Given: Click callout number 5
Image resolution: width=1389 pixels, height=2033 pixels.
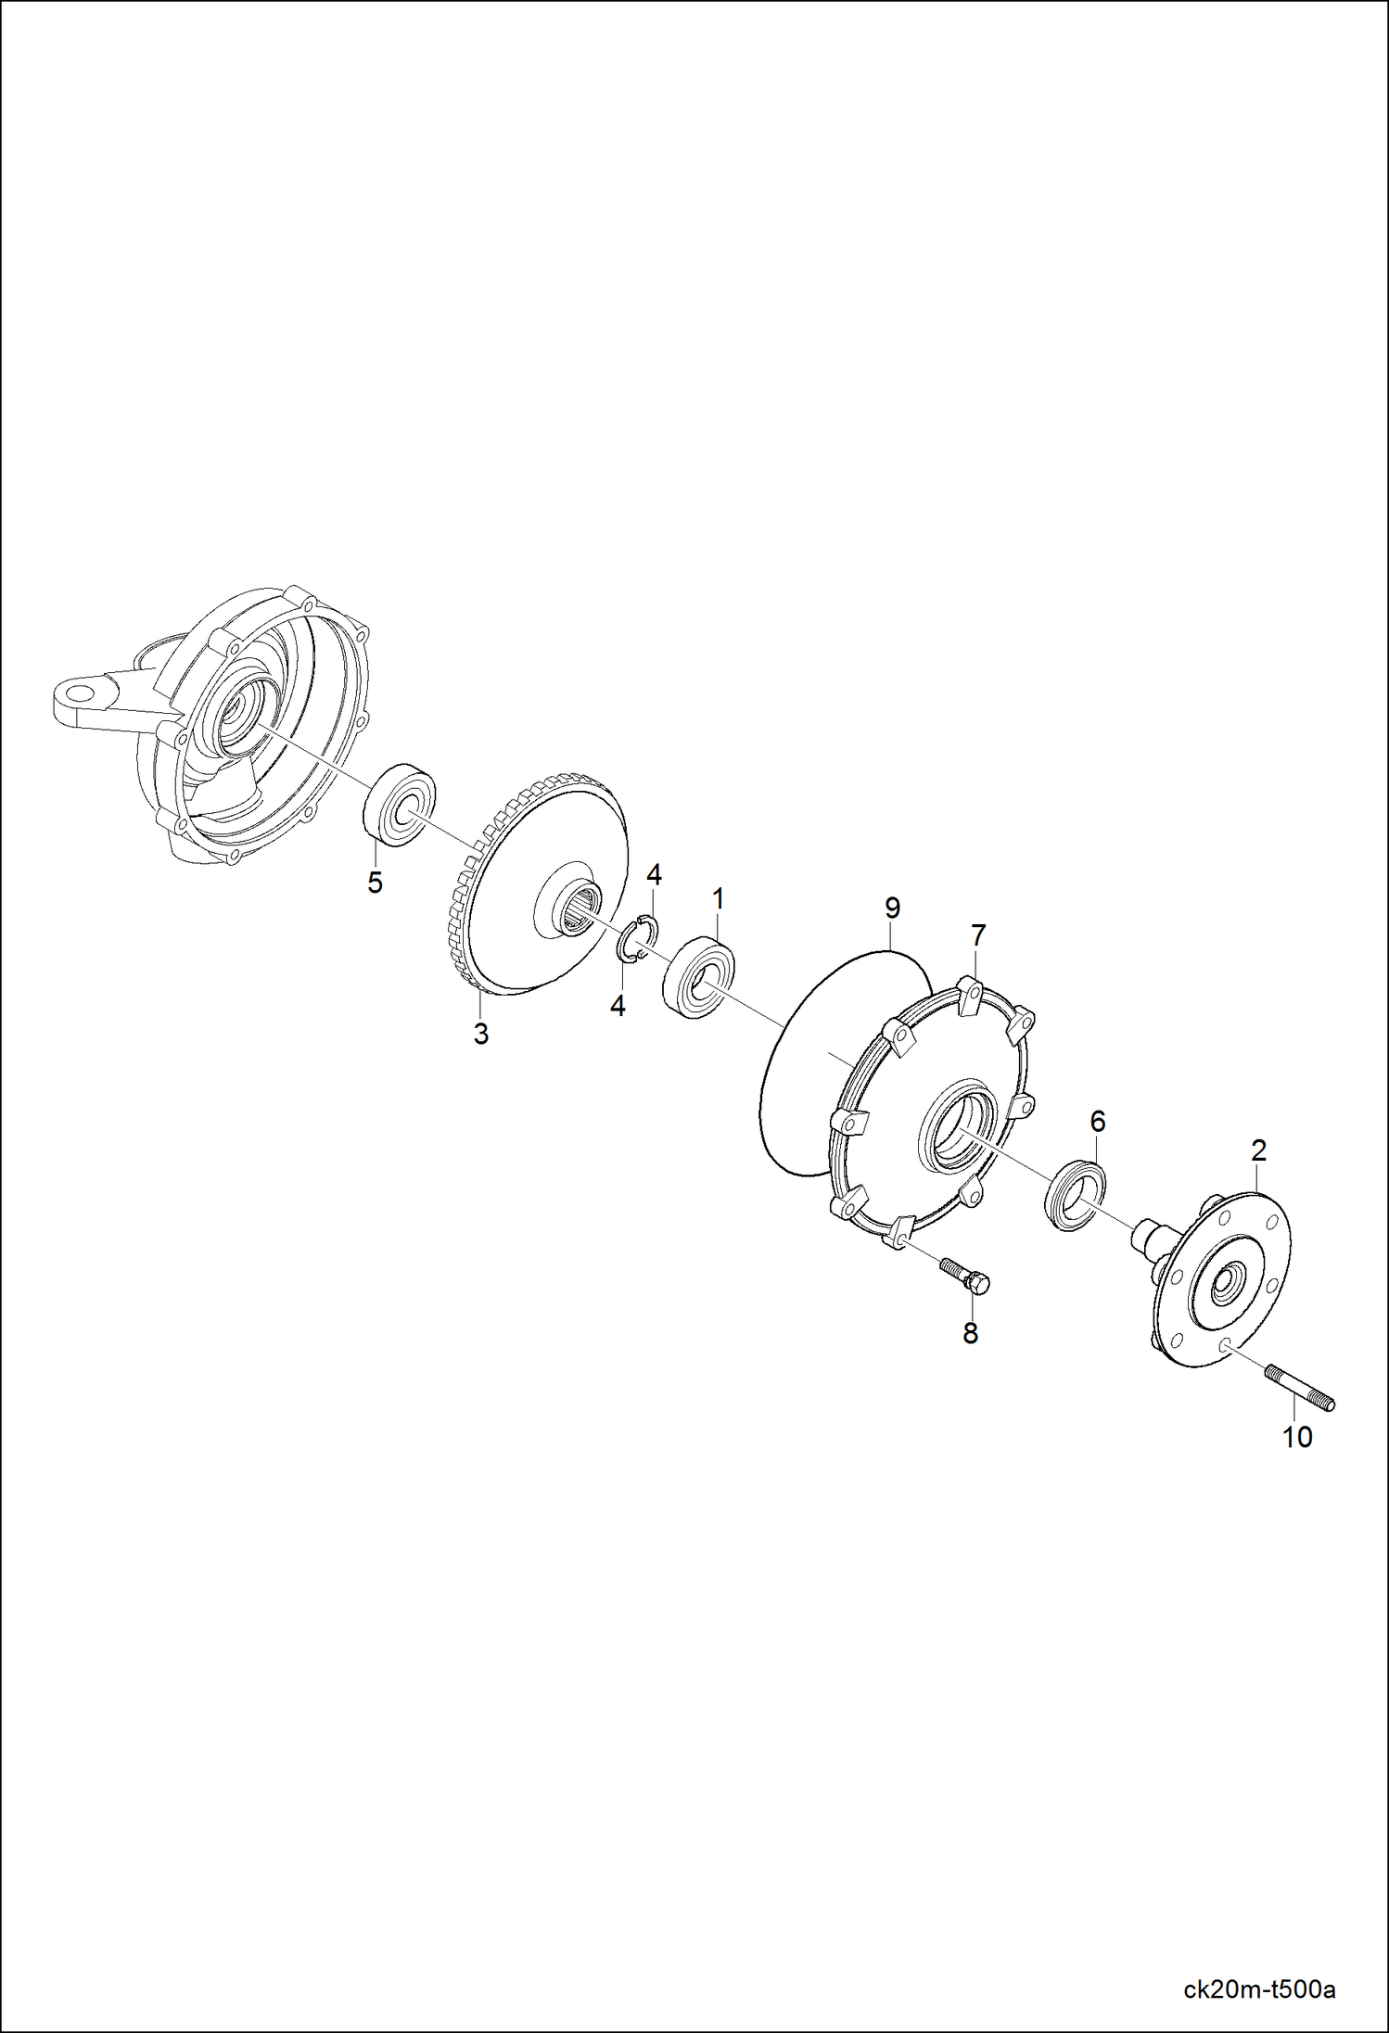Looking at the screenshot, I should click(375, 883).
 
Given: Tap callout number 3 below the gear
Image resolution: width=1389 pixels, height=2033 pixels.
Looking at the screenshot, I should click(480, 1034).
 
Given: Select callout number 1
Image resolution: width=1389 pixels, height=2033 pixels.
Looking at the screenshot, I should click(718, 898).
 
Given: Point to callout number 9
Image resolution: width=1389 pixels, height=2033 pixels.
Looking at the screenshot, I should click(892, 908).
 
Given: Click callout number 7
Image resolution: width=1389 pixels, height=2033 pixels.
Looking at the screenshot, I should click(978, 935).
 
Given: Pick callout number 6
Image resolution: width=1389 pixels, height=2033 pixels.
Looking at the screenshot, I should click(1098, 1122).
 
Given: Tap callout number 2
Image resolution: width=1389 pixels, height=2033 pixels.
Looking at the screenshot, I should click(1258, 1150).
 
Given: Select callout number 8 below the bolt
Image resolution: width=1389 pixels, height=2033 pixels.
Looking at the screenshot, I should click(970, 1333).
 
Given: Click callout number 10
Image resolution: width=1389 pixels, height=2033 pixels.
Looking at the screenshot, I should click(1297, 1437).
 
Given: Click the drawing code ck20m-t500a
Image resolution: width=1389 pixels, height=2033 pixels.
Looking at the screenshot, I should click(1259, 1989).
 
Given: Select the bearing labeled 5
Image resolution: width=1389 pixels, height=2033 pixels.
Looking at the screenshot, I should click(399, 804).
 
